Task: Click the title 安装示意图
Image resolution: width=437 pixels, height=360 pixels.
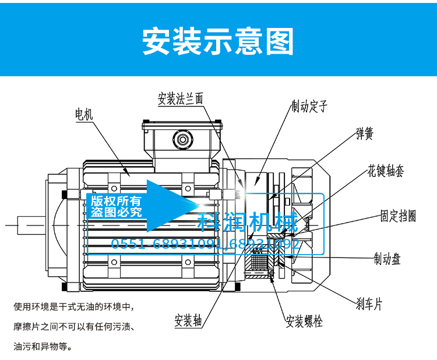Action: click(x=218, y=40)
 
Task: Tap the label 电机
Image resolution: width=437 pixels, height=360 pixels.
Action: click(x=84, y=114)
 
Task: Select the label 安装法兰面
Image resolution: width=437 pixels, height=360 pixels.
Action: click(x=181, y=98)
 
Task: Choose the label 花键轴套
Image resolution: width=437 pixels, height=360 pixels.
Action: click(x=386, y=171)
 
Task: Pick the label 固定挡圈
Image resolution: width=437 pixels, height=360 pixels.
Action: click(x=399, y=216)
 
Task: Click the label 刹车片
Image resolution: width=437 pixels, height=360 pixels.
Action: click(x=369, y=303)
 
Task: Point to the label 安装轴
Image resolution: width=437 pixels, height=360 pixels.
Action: click(x=188, y=321)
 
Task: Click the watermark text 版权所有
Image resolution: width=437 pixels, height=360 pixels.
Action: click(x=117, y=200)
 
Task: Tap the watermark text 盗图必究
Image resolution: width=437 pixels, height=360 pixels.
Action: click(x=117, y=212)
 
